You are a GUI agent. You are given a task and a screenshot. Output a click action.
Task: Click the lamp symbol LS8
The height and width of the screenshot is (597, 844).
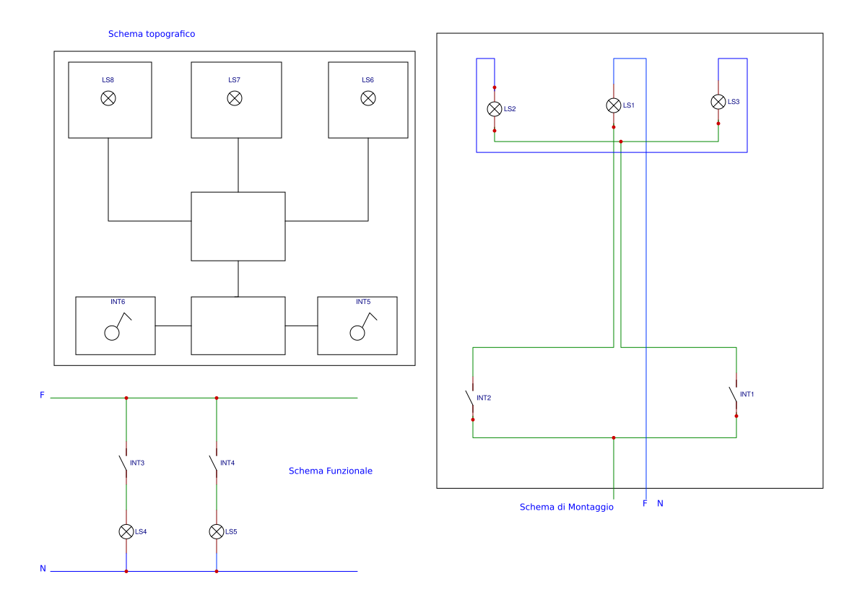pos(108,98)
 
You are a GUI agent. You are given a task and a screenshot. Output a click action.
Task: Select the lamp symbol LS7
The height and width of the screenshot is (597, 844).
pos(235,98)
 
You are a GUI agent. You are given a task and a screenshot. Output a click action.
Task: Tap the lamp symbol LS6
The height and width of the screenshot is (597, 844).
pos(368,98)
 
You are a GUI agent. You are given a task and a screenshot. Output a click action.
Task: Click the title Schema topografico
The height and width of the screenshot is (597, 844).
pos(152,34)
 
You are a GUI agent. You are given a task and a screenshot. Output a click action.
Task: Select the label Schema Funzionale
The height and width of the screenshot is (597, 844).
pos(331,471)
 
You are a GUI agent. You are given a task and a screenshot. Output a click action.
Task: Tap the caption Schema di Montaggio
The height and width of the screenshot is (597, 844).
pos(567,507)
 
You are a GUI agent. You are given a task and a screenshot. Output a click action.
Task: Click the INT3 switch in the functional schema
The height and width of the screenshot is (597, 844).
pos(123,465)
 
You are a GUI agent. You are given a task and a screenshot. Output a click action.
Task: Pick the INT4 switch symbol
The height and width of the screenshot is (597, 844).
pos(214,465)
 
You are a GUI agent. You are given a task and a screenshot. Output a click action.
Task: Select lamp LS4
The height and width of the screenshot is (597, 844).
pos(126,531)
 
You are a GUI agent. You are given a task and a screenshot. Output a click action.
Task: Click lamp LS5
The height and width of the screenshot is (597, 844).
pos(217,531)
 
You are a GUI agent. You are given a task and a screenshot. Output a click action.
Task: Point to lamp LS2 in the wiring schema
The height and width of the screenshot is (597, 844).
pos(495,109)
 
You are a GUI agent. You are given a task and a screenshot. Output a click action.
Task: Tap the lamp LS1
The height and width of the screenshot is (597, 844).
pos(614,105)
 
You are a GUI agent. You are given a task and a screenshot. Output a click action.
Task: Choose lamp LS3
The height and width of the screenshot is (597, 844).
pos(718,102)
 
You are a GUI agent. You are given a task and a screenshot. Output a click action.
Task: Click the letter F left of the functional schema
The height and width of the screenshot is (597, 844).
pos(42,395)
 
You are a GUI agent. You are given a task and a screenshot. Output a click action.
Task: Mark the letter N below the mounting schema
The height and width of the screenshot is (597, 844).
pos(660,503)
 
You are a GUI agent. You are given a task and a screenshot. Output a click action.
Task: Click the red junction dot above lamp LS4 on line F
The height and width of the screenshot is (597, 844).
pos(126,398)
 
